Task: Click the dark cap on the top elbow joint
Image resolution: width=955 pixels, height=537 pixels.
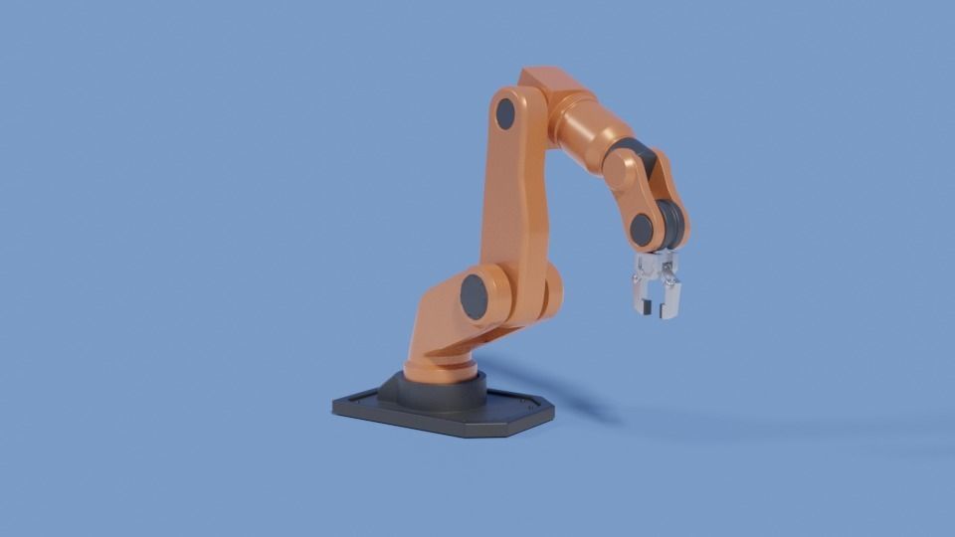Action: (505, 113)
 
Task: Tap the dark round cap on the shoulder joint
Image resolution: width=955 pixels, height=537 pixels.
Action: (475, 296)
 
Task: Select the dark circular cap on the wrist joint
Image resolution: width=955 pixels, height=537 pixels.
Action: (643, 231)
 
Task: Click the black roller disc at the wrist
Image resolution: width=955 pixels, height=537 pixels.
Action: (672, 225)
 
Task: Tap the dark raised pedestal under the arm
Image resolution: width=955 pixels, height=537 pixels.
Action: (434, 392)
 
